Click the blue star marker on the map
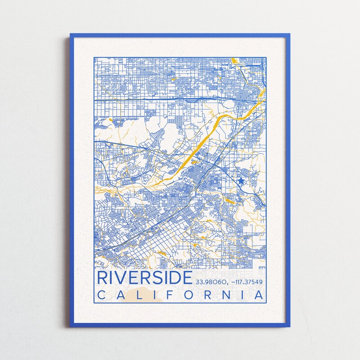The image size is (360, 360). (241, 181)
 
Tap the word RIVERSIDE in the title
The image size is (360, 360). (144, 278)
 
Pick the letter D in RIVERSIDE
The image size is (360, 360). (175, 278)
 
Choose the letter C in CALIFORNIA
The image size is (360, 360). (102, 295)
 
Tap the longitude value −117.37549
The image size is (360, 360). (246, 282)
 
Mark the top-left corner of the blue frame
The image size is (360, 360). (71, 35)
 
